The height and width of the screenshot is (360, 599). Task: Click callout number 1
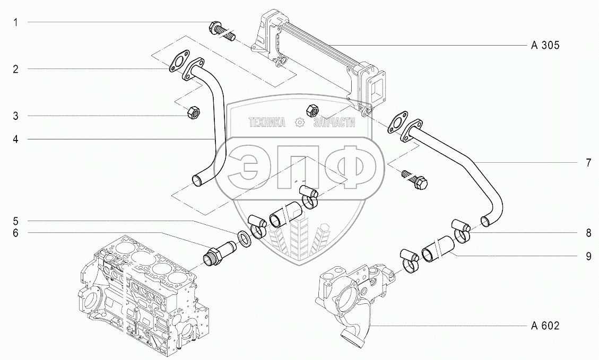click(x=16, y=22)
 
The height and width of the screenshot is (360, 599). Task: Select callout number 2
click(x=16, y=69)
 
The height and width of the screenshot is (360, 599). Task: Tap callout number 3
click(x=16, y=116)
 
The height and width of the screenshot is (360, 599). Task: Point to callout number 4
click(x=16, y=139)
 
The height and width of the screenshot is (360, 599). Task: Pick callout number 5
click(x=16, y=221)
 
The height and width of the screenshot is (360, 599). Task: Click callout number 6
click(x=16, y=232)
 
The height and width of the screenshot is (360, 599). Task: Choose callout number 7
click(x=588, y=163)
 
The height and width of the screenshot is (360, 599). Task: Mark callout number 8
click(x=588, y=233)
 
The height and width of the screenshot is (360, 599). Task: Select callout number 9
click(x=588, y=256)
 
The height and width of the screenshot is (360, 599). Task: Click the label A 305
click(x=545, y=46)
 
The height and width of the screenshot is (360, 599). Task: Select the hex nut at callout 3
click(x=193, y=112)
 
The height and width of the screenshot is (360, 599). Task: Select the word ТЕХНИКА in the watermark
click(x=267, y=123)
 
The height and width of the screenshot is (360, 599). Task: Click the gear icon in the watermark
click(x=300, y=123)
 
